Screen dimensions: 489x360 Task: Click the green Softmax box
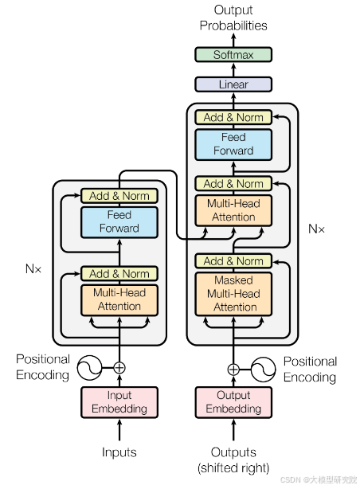pos(233,55)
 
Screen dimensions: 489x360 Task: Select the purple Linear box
pos(233,84)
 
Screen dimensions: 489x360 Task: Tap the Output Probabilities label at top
pos(233,18)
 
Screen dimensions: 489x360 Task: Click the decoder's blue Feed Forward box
pos(233,144)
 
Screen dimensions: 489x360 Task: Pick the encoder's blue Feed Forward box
pos(119,222)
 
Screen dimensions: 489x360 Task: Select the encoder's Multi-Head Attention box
pos(119,299)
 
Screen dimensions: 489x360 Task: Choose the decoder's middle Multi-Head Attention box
pos(233,210)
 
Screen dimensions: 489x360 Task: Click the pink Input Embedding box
pos(119,402)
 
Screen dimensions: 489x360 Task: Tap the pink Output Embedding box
pos(233,402)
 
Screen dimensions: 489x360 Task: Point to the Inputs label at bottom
pos(119,452)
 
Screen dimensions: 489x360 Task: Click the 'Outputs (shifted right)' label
pos(233,460)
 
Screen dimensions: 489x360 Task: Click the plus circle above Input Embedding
pos(119,367)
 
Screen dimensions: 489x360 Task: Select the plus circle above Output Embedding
pos(233,369)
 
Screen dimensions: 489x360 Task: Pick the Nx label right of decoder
pos(316,229)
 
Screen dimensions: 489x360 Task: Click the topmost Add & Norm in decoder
pos(233,117)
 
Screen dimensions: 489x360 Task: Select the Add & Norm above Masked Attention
pos(233,261)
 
